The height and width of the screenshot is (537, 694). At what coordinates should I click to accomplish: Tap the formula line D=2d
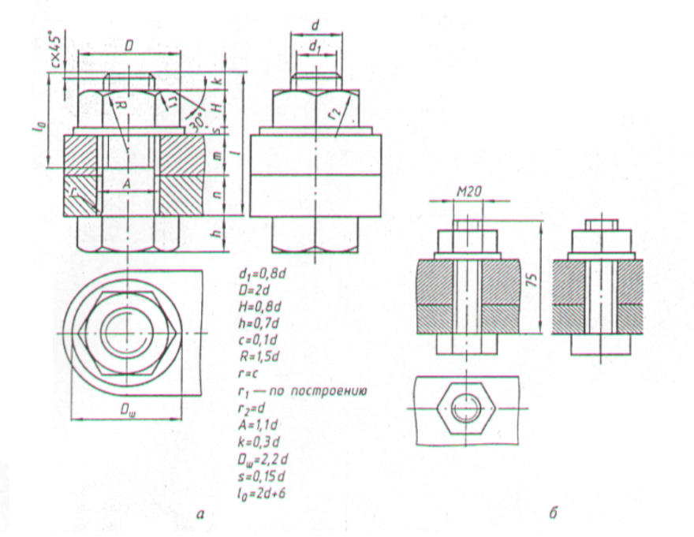point(254,290)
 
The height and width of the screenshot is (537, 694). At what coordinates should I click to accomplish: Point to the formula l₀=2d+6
point(260,491)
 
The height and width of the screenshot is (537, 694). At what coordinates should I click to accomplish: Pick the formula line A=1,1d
point(258,426)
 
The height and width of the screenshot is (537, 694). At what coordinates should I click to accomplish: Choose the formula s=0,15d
point(262,476)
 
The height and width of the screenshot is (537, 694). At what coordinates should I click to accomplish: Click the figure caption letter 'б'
point(553,513)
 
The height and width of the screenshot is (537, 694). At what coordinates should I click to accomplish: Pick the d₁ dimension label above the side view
point(315,46)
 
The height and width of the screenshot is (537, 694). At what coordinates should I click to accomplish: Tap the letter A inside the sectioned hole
point(126,185)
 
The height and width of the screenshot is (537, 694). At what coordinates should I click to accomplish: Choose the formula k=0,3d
point(259,442)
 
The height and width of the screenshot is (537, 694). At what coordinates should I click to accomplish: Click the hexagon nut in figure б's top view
point(465,408)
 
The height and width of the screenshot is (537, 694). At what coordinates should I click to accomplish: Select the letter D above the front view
point(129,47)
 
